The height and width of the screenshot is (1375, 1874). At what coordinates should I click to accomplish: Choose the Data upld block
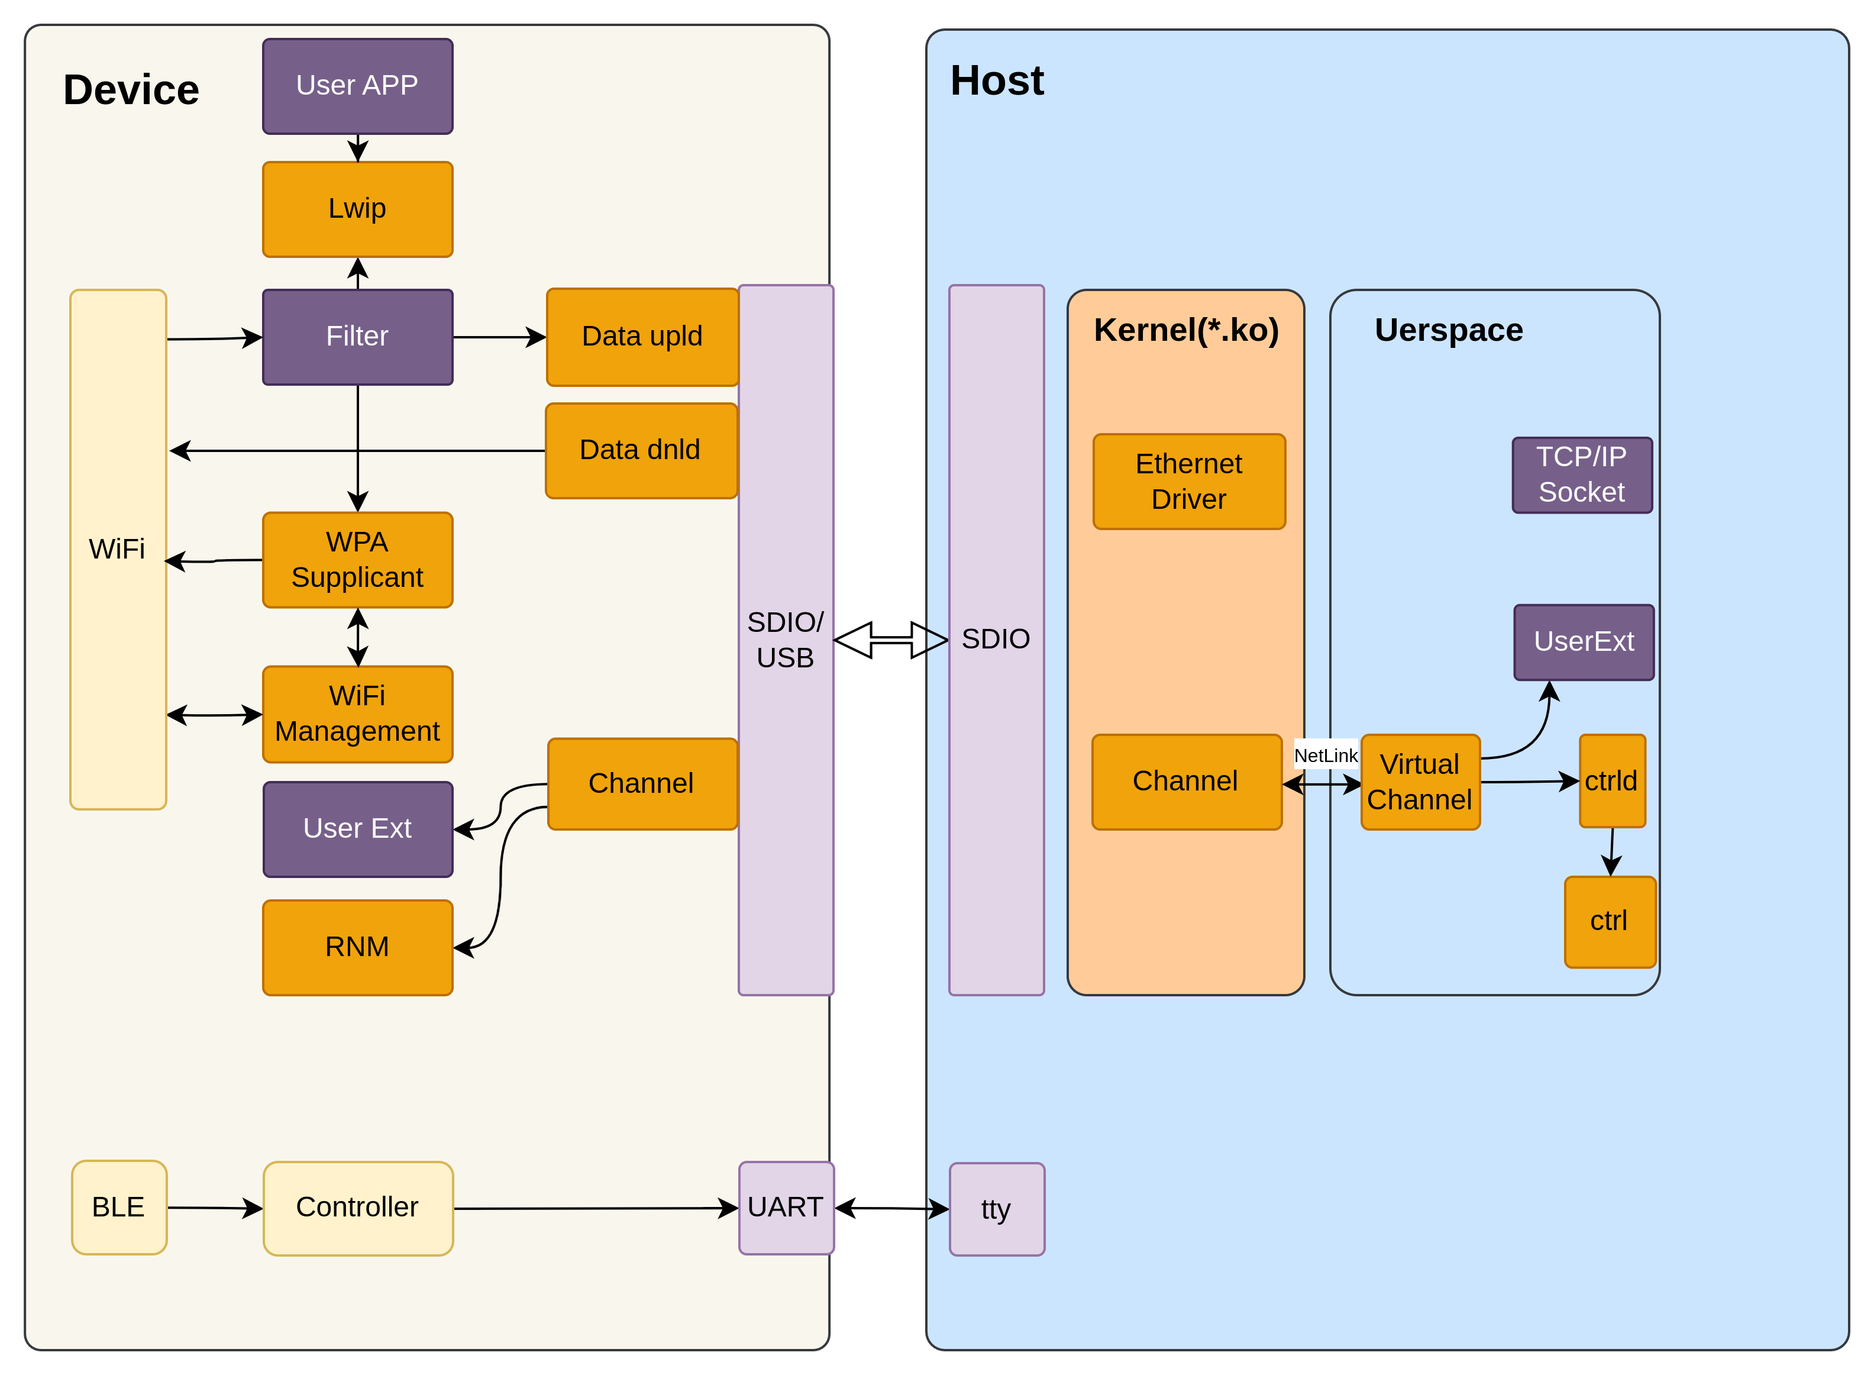(642, 337)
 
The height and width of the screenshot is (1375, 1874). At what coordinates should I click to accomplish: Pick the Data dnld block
(641, 450)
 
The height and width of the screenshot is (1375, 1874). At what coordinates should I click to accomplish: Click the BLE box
(119, 1208)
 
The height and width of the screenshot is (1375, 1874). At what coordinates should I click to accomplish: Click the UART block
(786, 1208)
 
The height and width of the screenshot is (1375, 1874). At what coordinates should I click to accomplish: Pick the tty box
(997, 1209)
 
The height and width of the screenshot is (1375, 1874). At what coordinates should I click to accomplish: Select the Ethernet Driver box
(1189, 482)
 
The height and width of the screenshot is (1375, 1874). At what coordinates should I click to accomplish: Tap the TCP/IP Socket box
(1582, 475)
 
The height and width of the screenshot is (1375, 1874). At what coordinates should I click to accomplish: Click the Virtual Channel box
(1420, 782)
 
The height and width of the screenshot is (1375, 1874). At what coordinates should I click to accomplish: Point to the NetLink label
(1326, 756)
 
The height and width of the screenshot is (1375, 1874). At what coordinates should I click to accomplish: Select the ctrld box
(1612, 782)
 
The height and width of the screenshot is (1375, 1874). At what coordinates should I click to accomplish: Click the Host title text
(997, 82)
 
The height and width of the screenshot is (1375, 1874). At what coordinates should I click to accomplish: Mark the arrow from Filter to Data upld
(499, 337)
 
